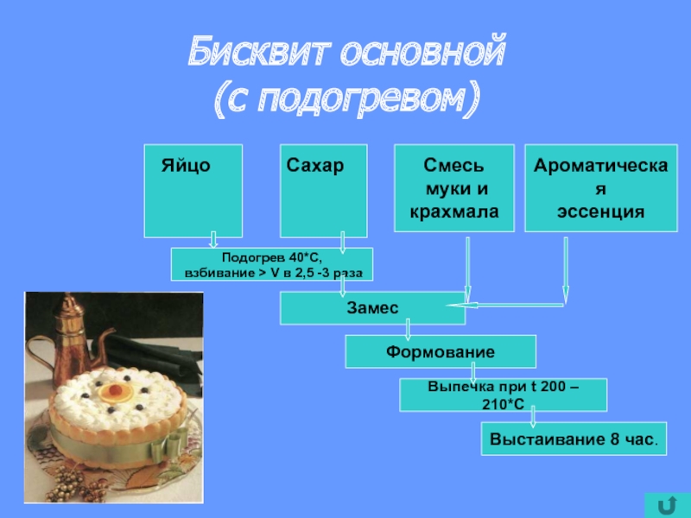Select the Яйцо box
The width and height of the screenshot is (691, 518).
[193, 190]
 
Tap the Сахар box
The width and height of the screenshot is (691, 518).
[324, 190]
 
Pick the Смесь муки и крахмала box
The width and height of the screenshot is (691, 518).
[454, 188]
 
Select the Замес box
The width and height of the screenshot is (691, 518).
[371, 307]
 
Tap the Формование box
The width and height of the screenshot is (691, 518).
[441, 351]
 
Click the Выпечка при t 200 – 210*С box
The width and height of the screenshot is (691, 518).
[503, 395]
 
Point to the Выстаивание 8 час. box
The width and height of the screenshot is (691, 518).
[574, 439]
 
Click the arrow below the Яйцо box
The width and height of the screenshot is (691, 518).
[212, 239]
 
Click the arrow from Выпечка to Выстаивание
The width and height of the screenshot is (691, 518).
[534, 416]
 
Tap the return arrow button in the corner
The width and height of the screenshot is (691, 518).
[666, 502]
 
